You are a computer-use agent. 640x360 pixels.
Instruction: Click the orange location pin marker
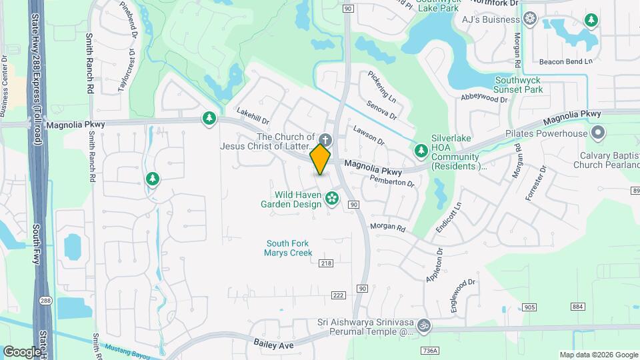(x=321, y=159)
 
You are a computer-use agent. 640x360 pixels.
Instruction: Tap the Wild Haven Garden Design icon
(x=331, y=198)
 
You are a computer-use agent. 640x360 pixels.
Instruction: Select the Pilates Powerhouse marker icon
(x=597, y=133)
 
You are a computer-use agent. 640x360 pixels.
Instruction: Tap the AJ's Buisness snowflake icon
(x=530, y=19)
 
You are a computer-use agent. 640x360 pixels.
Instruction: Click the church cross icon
(x=325, y=139)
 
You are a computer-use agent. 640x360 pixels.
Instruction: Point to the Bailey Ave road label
(x=273, y=345)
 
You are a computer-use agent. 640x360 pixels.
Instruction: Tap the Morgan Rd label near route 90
(x=387, y=228)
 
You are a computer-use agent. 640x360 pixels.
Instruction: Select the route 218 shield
(x=325, y=263)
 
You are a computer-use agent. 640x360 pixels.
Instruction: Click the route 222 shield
(x=338, y=295)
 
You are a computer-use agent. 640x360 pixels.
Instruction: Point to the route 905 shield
(x=530, y=307)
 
